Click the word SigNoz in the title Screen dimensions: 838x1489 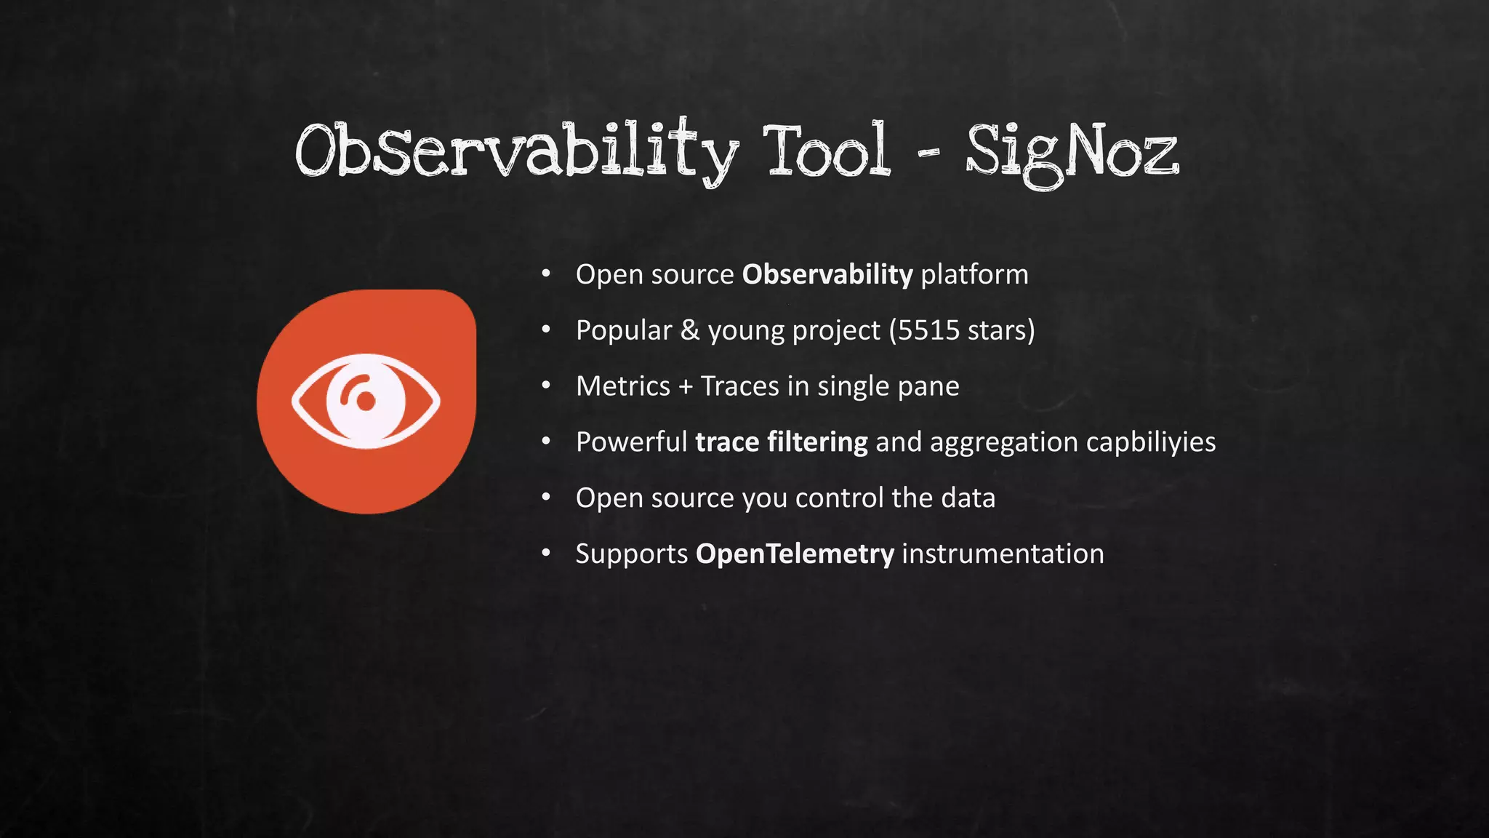[x=1072, y=153]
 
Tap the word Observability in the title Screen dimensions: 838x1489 [x=516, y=151]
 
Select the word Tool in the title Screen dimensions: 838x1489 [x=827, y=151]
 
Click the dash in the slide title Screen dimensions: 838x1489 [x=928, y=153]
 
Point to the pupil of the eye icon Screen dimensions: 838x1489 [x=366, y=401]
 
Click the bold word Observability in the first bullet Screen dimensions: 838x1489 [x=827, y=275]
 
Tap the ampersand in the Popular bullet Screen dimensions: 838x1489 [x=689, y=330]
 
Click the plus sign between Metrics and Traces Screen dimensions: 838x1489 [x=685, y=387]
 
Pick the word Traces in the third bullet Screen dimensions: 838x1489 [x=739, y=386]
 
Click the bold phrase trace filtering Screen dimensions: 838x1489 [x=781, y=442]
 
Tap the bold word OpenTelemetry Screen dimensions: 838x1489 [x=795, y=554]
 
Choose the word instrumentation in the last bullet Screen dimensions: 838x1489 [x=1003, y=554]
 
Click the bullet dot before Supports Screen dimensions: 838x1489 [x=546, y=554]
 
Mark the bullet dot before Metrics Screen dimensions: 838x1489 [x=546, y=386]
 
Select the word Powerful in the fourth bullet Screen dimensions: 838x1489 [x=631, y=442]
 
